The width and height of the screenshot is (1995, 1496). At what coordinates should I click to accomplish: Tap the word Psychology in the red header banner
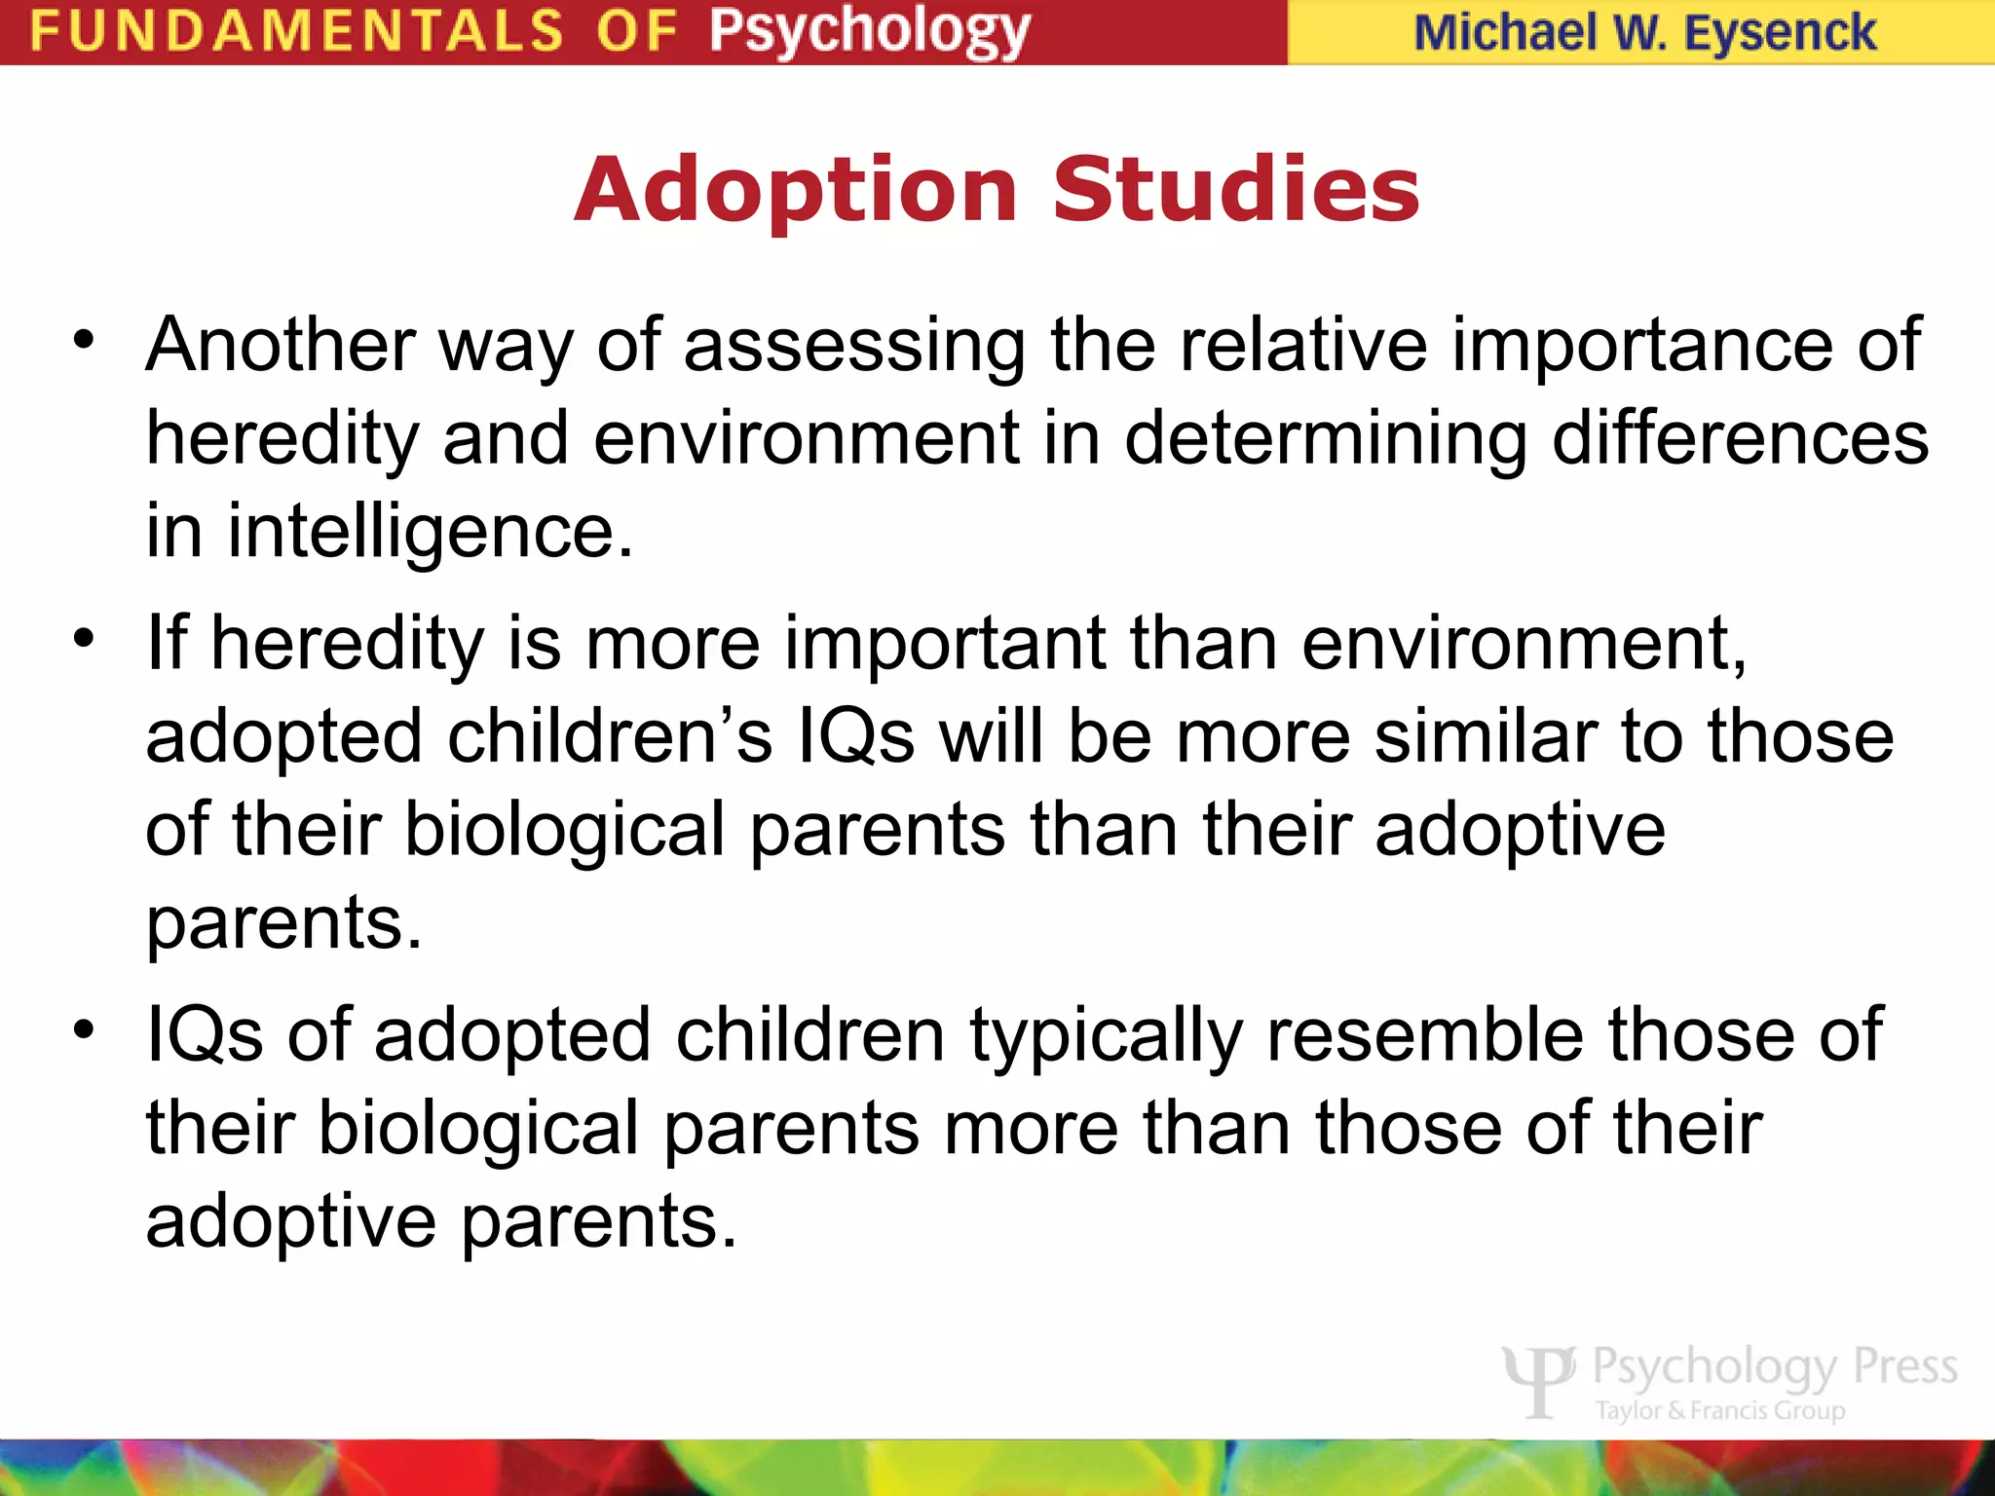(x=869, y=31)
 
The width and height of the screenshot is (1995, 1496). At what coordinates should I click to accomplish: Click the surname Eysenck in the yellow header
(x=1779, y=32)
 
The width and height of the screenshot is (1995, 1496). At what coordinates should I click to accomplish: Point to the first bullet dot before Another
(x=85, y=341)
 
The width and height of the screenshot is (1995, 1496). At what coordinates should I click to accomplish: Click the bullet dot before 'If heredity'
(x=85, y=639)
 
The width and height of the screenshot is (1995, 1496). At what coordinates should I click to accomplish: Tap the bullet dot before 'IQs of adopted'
(x=85, y=1029)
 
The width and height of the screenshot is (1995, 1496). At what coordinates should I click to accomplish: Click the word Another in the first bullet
(x=281, y=345)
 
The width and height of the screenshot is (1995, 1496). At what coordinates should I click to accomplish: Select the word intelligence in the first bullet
(x=430, y=533)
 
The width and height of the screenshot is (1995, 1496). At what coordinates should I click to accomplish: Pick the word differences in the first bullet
(x=1740, y=438)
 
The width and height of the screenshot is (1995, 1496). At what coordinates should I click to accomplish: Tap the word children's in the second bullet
(x=610, y=737)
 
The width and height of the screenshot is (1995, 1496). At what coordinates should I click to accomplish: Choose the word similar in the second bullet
(x=1485, y=737)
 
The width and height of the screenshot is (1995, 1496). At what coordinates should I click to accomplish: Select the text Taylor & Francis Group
(x=1719, y=1410)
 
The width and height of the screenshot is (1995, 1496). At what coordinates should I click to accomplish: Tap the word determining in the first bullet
(x=1326, y=438)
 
